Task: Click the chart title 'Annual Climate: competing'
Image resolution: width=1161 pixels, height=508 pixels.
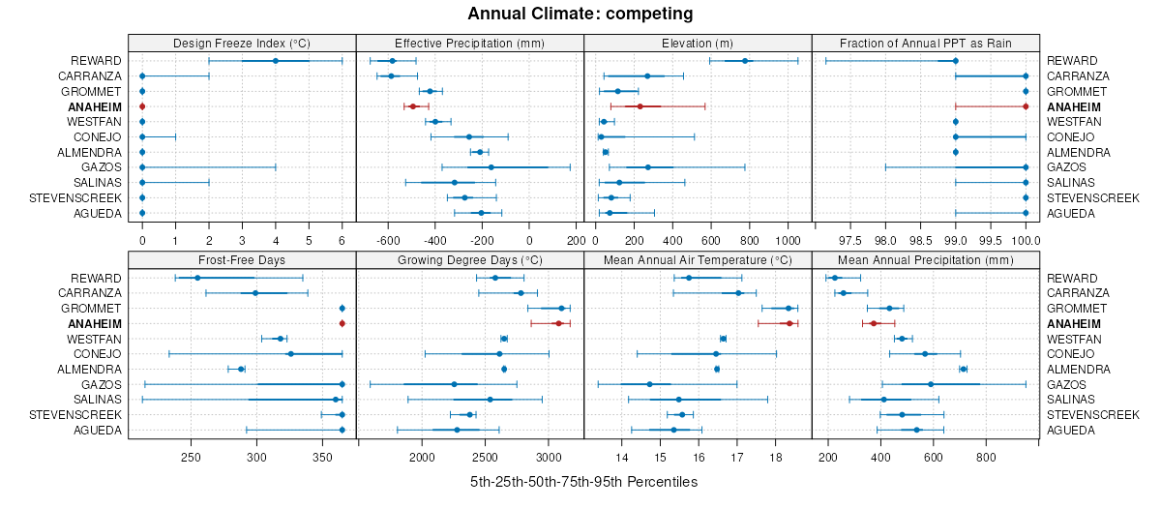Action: pyautogui.click(x=580, y=14)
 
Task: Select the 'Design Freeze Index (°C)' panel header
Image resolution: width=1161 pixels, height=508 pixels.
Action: pyautogui.click(x=242, y=43)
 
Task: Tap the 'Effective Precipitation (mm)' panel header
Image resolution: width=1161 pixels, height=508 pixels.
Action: pyautogui.click(x=470, y=43)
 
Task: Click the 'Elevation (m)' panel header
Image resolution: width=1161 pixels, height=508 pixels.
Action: pyautogui.click(x=698, y=43)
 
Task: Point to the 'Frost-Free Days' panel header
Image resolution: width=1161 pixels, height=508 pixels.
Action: pyautogui.click(x=242, y=259)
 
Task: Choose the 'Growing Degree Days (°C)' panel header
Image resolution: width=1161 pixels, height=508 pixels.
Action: pyautogui.click(x=470, y=259)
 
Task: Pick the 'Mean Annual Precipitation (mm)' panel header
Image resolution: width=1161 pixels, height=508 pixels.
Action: pyautogui.click(x=926, y=259)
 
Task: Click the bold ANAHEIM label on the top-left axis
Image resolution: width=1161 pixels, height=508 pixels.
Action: pyautogui.click(x=95, y=106)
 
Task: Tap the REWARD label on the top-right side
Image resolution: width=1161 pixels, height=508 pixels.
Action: pyautogui.click(x=1072, y=61)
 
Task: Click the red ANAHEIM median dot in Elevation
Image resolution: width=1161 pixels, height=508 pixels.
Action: pyautogui.click(x=640, y=106)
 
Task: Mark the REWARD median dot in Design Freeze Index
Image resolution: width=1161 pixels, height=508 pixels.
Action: pyautogui.click(x=276, y=61)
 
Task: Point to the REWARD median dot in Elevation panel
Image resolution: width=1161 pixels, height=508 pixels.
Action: pyautogui.click(x=745, y=61)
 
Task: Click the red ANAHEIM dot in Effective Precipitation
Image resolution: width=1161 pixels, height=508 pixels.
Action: pyautogui.click(x=413, y=106)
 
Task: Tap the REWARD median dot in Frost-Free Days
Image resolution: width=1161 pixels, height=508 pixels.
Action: pyautogui.click(x=197, y=278)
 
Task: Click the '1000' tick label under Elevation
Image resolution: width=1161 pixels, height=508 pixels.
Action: pyautogui.click(x=789, y=239)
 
